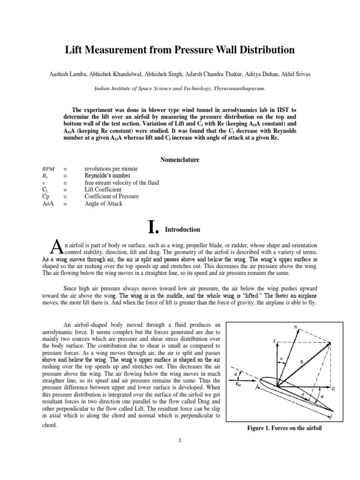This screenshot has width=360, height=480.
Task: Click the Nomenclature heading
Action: point(180,160)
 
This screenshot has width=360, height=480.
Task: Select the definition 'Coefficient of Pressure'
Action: point(112,196)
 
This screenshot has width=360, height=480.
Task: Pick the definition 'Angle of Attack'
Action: point(103,204)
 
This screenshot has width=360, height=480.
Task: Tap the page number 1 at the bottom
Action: point(180,440)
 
